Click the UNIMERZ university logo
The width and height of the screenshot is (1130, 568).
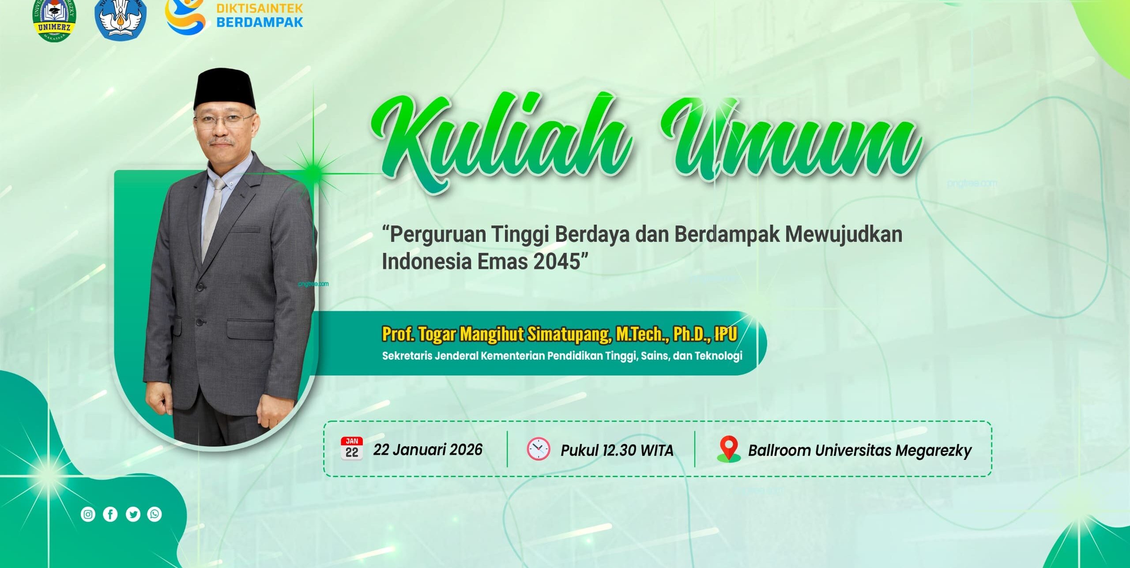click(54, 20)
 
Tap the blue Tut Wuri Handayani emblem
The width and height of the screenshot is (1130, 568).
click(120, 20)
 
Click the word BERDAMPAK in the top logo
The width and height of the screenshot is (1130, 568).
click(260, 22)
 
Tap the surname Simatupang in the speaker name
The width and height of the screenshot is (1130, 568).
click(569, 334)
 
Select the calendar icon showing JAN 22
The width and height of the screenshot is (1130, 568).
click(352, 449)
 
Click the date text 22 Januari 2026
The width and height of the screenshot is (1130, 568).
click(428, 450)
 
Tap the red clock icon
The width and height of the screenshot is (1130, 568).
click(539, 449)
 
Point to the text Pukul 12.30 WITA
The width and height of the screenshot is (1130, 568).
click(617, 451)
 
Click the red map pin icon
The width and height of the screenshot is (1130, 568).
click(728, 449)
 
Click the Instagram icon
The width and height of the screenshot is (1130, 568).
click(88, 514)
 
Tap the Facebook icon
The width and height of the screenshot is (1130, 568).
click(110, 514)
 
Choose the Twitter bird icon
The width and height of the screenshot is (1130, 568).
click(133, 514)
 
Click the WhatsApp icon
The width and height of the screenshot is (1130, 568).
click(154, 514)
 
